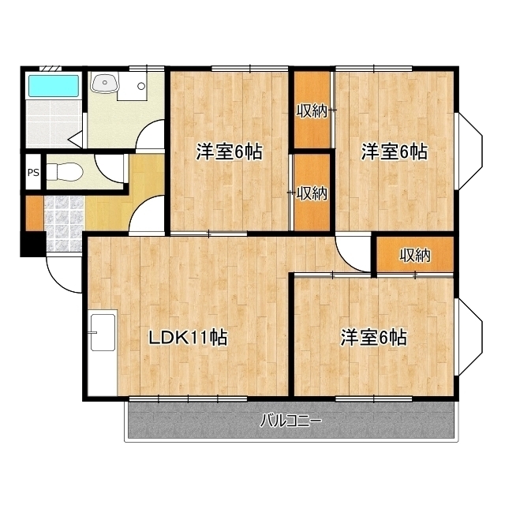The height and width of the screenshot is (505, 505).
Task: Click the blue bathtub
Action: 54,86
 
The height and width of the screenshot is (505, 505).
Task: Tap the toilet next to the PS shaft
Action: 65,172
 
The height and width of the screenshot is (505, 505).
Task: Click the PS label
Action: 33,173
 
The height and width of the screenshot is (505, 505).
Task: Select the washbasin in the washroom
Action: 105,82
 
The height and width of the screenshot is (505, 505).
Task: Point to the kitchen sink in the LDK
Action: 103,332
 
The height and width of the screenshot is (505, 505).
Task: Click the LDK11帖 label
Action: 188,338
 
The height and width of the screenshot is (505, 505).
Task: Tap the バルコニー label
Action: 291,421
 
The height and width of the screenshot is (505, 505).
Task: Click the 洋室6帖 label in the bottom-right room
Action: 374,338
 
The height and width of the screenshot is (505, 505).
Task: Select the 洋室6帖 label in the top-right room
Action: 395,151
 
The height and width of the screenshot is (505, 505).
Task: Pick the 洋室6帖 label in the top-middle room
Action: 230,151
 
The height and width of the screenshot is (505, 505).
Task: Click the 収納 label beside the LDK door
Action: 415,256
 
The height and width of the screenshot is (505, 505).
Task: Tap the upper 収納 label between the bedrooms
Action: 312,111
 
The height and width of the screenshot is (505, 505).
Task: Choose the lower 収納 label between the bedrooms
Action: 312,193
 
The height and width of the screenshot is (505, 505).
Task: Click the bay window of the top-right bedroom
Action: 470,151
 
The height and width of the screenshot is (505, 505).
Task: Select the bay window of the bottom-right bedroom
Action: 470,337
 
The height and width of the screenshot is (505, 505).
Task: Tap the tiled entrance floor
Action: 64,224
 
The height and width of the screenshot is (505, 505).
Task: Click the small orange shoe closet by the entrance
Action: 34,213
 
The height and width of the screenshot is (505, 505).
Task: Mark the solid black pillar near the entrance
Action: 33,244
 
